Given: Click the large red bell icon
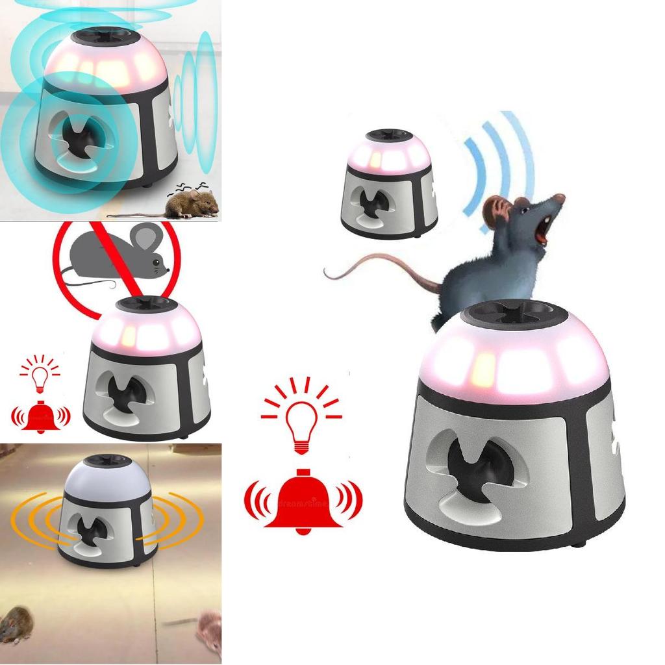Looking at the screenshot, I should pos(302,503).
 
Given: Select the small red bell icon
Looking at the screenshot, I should pos(40,416).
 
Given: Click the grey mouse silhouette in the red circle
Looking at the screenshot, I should pos(117,253).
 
